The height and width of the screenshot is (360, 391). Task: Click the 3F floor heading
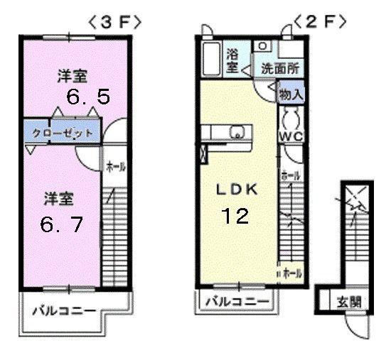click(113, 22)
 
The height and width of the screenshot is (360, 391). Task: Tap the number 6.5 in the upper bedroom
click(88, 97)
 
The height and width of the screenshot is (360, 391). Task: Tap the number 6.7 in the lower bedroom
click(62, 225)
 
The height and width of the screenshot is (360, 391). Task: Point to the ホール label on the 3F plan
click(116, 167)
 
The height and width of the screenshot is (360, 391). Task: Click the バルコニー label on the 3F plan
click(63, 311)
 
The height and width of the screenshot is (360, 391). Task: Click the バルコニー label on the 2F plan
click(237, 302)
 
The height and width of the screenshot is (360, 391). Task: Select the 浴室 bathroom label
click(232, 60)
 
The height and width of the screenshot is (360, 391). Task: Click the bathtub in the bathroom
click(210, 56)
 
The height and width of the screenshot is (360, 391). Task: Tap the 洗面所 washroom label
click(279, 69)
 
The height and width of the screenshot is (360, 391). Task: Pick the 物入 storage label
click(291, 93)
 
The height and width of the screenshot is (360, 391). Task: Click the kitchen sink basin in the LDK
click(237, 132)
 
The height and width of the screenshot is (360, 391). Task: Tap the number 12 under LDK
click(235, 215)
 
